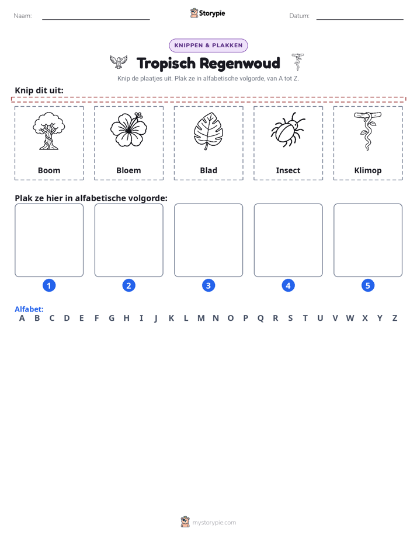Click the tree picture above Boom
pos(49,131)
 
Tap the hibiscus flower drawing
pos(128,129)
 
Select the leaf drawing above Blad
pos(208,131)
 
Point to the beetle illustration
pos(288,129)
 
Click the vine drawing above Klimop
pos(367,131)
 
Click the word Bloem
pos(128,170)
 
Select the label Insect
pos(288,170)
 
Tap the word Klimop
pos(368,171)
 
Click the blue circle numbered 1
pos(49,285)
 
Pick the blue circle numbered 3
pos(208,285)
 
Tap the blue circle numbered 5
pos(368,285)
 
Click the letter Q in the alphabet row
pos(260,318)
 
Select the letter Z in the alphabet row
pos(395,318)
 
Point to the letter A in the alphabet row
pos(22,318)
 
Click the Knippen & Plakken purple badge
pos(208,45)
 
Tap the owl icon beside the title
pos(119,62)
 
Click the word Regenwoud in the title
pos(240,64)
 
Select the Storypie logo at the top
pos(207,13)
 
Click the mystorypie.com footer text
pos(214,523)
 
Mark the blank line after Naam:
pos(96,19)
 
